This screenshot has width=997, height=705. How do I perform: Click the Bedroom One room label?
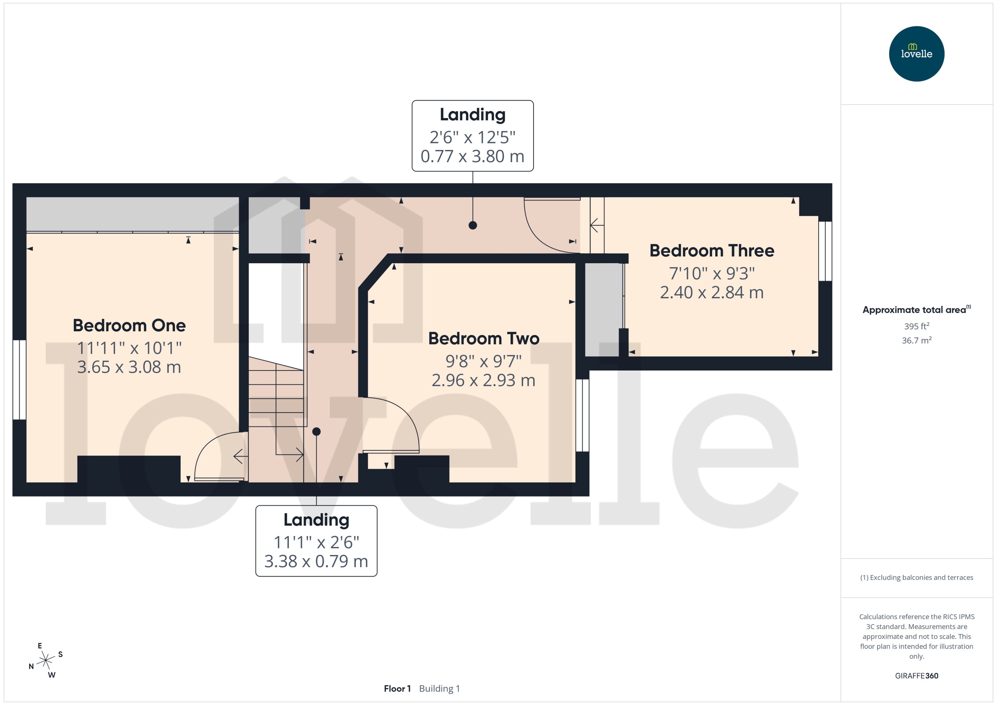point(129,326)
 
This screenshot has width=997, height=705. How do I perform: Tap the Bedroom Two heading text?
point(483,339)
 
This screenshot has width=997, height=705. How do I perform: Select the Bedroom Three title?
point(712,251)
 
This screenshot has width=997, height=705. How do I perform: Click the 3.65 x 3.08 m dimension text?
point(129,367)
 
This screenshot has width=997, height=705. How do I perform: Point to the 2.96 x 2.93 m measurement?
point(483,380)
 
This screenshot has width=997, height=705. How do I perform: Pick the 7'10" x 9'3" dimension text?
point(712,274)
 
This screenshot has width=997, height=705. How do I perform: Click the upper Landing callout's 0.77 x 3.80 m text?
point(472,156)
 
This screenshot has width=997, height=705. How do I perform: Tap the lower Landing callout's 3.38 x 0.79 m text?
point(316,561)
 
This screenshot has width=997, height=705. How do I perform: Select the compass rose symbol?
point(46,661)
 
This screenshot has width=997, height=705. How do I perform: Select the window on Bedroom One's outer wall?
point(20,380)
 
